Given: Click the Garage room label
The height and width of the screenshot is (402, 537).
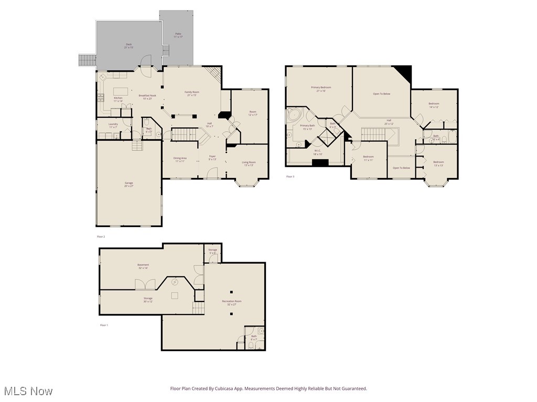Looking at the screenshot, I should tap(128, 184).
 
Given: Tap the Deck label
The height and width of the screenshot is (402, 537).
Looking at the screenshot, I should tap(128, 46).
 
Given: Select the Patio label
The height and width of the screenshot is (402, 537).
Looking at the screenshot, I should tap(178, 36).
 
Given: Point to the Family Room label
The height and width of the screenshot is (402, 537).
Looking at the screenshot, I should tap(191, 94).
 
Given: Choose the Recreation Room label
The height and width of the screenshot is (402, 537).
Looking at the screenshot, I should tap(231, 303).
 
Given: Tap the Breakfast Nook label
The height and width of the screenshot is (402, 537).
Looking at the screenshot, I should tap(147, 97).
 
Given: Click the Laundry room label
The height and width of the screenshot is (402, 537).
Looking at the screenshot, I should tap(113, 126).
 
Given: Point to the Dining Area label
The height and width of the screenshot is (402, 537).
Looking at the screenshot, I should tap(180, 160).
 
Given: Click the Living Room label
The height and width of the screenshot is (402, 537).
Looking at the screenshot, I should tap(249, 163).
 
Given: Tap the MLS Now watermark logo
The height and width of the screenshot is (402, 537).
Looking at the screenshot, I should tap(27, 391).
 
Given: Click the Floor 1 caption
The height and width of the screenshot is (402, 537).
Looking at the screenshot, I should tap(104, 325).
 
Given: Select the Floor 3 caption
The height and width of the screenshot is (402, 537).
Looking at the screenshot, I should tap(290, 177).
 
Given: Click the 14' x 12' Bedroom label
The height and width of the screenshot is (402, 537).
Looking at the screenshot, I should tap(434, 105).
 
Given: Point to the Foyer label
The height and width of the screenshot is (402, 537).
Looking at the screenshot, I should tap(212, 158).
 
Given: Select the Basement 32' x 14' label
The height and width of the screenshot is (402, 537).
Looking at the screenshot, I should tap(143, 266).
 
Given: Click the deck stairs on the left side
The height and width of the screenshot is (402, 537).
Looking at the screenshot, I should tap(87, 60).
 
